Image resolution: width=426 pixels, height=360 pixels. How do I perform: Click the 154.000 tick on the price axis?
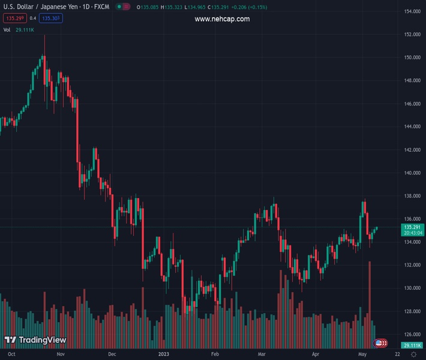pyautogui.click(x=412, y=11)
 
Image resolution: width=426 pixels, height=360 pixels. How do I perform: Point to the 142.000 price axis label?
pyautogui.click(x=412, y=150)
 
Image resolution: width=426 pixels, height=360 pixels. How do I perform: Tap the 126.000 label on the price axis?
pyautogui.click(x=412, y=334)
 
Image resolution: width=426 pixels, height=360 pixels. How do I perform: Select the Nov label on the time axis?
pyautogui.click(x=60, y=355)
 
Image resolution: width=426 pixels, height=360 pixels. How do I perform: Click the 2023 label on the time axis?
pyautogui.click(x=164, y=355)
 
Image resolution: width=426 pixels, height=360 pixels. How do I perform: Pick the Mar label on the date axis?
pyautogui.click(x=262, y=355)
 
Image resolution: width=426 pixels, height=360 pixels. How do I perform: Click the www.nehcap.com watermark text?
pyautogui.click(x=222, y=19)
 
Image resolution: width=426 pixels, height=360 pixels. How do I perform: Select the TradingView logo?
pyautogui.click(x=35, y=340)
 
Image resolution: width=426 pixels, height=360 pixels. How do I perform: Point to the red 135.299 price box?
pyautogui.click(x=14, y=19)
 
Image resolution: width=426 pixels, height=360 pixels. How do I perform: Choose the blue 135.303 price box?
pyautogui.click(x=51, y=19)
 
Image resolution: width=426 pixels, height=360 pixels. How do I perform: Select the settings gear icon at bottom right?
pyautogui.click(x=413, y=355)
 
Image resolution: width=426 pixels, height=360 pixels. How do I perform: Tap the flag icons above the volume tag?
pyautogui.click(x=380, y=343)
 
